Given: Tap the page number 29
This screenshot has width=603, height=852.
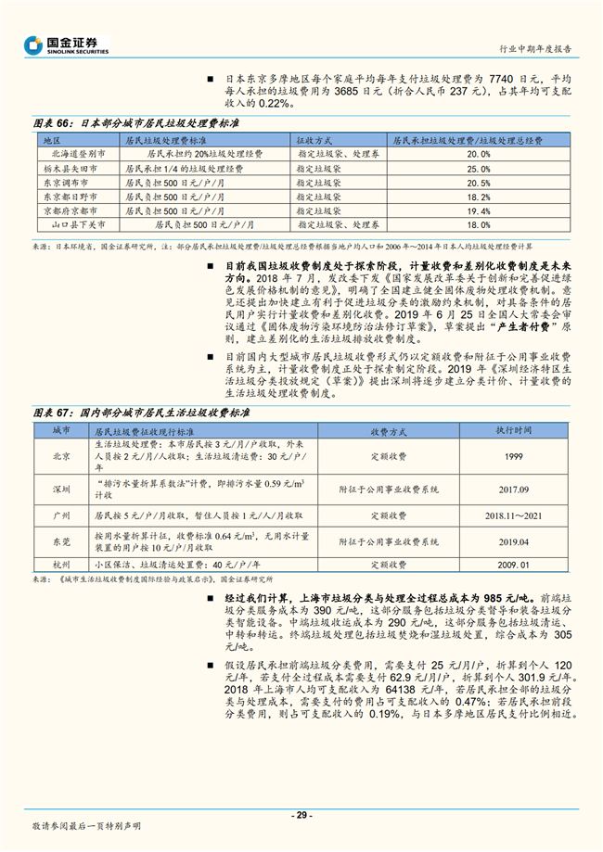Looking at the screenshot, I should point(301,814).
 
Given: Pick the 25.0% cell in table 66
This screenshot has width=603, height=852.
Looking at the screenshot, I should point(478,169).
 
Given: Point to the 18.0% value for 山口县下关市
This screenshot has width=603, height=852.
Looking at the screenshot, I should point(478,224).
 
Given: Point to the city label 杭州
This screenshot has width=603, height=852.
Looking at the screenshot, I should point(61,563).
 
